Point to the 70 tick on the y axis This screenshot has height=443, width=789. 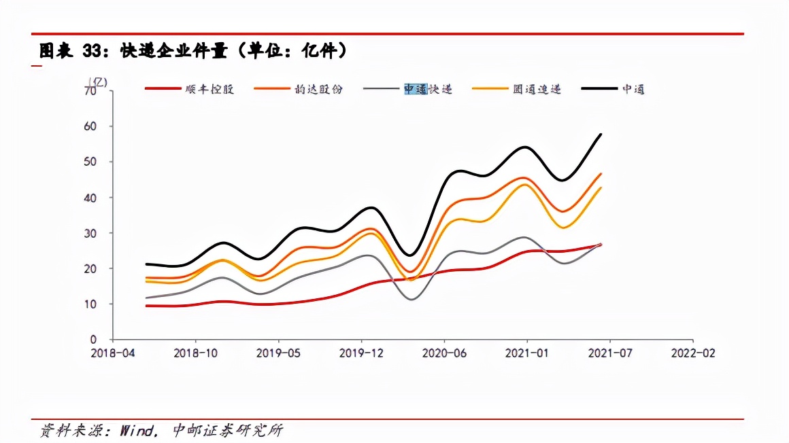90,90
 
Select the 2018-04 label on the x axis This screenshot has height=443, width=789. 113,353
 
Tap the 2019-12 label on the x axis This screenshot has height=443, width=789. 361,353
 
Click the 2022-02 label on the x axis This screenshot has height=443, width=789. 692,353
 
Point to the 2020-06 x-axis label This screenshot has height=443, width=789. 444,353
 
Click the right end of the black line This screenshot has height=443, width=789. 601,134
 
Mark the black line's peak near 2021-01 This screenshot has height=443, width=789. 526,147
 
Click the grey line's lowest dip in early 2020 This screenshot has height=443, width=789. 411,300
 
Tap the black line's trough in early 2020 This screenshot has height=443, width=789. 410,255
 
